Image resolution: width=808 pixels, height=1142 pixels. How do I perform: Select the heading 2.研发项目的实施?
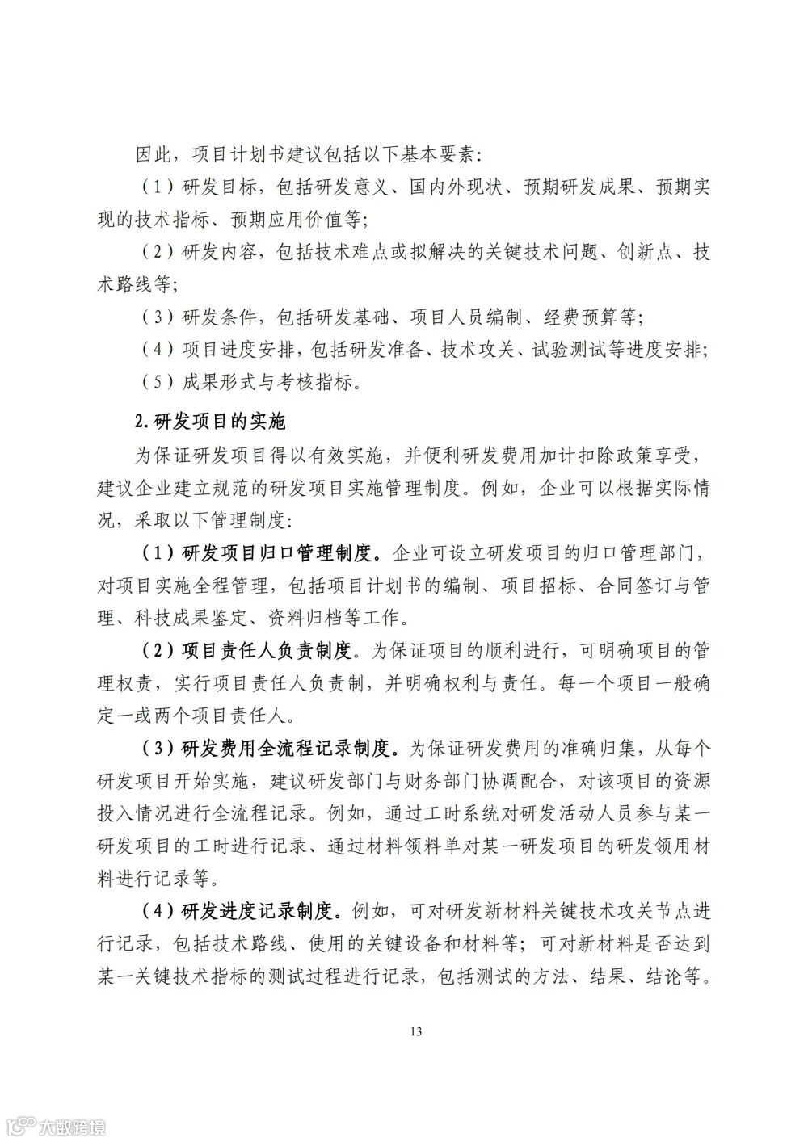coord(209,421)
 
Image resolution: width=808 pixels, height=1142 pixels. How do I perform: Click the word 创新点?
coord(641,251)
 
